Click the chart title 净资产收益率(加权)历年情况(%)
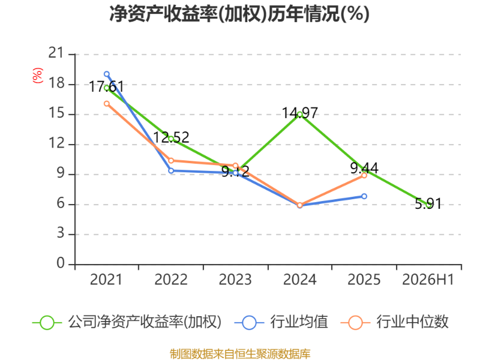(239, 14)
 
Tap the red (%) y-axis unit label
(38, 76)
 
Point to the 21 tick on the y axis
(56, 53)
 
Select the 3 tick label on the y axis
(61, 233)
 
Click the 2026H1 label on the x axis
(428, 280)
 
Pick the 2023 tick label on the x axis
(235, 280)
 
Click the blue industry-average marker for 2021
(107, 74)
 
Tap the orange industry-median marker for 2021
(107, 104)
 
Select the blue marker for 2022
(171, 170)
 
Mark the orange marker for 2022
(171, 161)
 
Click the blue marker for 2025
(364, 196)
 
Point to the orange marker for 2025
(364, 175)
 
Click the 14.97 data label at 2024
(299, 113)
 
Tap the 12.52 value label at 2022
(171, 137)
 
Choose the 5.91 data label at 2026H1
(428, 203)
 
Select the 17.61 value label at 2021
(107, 86)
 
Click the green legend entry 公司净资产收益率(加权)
(127, 322)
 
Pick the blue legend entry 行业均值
(281, 322)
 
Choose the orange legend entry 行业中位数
(394, 322)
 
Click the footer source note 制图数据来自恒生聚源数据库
(240, 354)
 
